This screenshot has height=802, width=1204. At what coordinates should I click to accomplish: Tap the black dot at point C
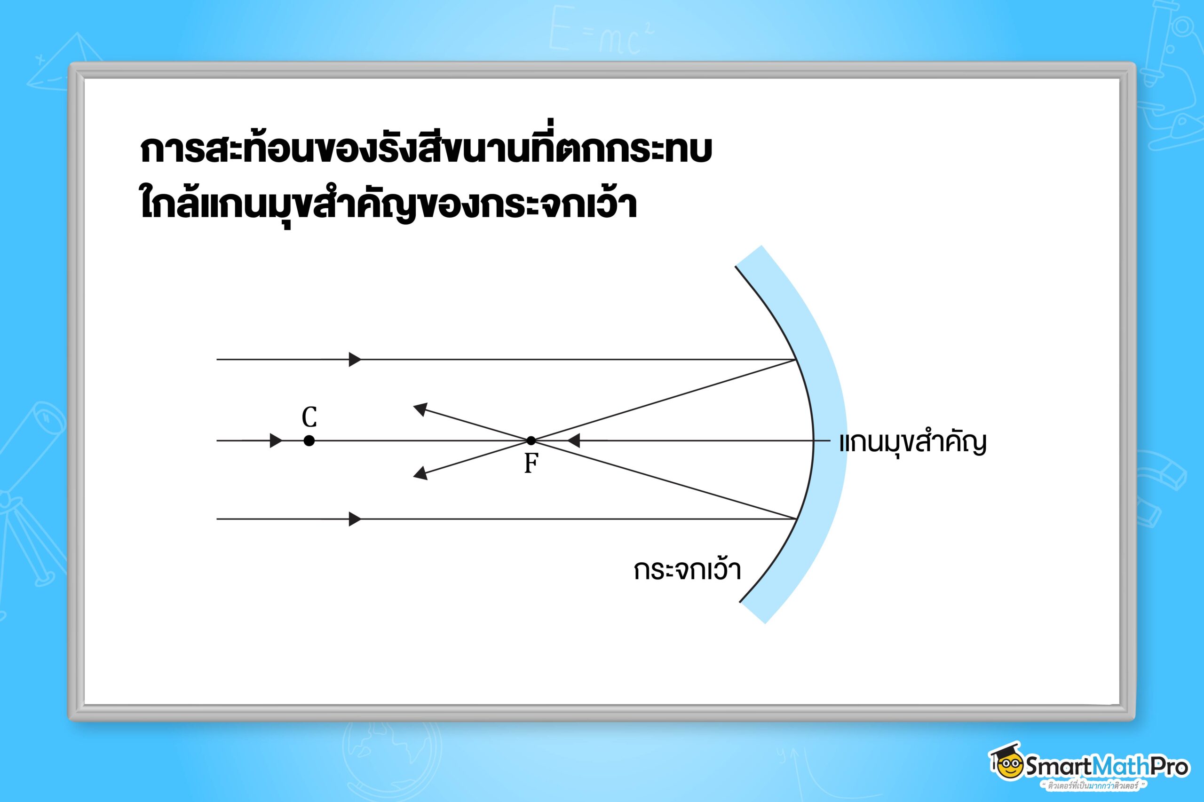click(x=309, y=440)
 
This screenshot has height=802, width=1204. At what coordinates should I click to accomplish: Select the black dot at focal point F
click(x=531, y=440)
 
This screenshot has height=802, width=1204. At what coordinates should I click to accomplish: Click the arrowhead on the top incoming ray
click(x=355, y=360)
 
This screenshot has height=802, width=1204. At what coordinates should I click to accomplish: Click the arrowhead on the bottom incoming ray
click(x=355, y=519)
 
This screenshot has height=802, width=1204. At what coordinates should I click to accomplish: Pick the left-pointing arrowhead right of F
click(x=574, y=440)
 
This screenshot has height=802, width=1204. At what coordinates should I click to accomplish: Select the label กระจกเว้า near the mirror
click(x=687, y=570)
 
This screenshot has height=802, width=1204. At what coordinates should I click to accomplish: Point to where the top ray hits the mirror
click(x=796, y=360)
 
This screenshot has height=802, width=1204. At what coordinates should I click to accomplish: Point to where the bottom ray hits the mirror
click(x=796, y=519)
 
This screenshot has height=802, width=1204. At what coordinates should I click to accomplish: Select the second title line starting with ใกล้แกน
click(x=388, y=203)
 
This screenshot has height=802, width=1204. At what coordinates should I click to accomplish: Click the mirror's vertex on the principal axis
click(x=813, y=440)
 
